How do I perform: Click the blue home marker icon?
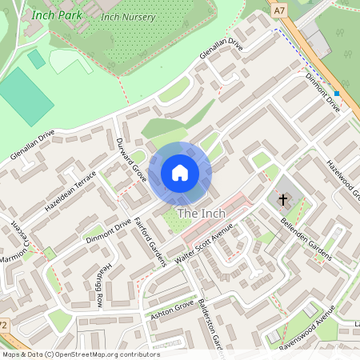(180, 173)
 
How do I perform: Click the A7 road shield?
(278, 11)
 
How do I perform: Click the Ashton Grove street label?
(172, 310)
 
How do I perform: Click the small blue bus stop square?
(338, 94)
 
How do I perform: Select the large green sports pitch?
(26, 97)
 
